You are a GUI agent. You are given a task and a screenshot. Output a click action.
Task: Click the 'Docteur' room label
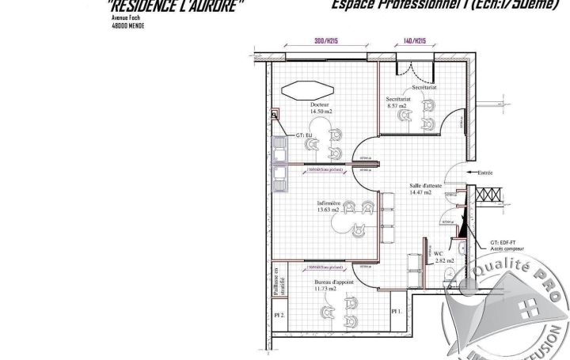coord(320,104)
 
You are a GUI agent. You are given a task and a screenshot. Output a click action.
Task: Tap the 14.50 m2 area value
coord(321,112)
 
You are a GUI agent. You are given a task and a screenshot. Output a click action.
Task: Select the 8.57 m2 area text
coord(397,105)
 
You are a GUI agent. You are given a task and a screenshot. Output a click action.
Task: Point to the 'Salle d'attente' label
coord(425,184)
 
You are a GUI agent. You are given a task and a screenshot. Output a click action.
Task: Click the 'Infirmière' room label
coord(328,203)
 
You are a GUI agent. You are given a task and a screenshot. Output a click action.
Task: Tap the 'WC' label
coord(438,253)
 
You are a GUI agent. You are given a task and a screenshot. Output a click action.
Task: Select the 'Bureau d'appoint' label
coord(333,282)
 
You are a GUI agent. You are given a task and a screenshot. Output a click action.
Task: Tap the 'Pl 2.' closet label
coord(279,315)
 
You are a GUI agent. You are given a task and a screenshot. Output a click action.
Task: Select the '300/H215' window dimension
coord(326,40)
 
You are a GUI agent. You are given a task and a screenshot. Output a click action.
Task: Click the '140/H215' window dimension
coord(415,40)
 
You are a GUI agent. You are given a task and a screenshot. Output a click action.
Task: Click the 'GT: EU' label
coord(305,135)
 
